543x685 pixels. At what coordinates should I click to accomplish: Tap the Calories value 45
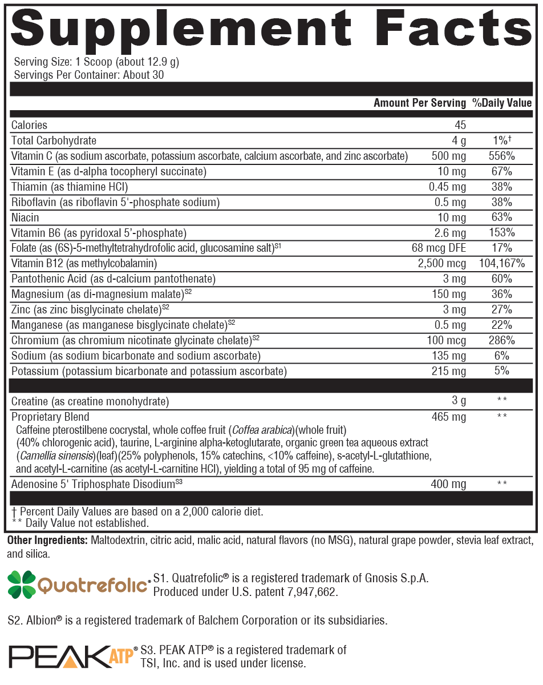[x=460, y=125]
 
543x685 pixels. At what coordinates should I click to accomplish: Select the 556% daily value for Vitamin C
[x=502, y=156]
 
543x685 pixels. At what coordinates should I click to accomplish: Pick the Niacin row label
[x=25, y=217]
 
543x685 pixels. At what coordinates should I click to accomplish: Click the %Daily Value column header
[x=502, y=103]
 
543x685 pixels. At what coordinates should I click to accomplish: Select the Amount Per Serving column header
[x=420, y=103]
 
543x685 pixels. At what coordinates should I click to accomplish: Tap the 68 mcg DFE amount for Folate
[x=439, y=248]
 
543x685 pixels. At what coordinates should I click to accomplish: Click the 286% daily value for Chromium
[x=502, y=341]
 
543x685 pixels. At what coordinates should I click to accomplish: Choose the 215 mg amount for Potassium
[x=450, y=372]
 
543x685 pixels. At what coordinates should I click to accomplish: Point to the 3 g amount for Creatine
[x=459, y=401]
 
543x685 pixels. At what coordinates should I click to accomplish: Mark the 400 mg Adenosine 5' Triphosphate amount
[x=449, y=485]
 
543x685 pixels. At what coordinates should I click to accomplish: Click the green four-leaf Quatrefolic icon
[x=22, y=585]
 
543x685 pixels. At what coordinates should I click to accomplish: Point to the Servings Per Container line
[x=89, y=75]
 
